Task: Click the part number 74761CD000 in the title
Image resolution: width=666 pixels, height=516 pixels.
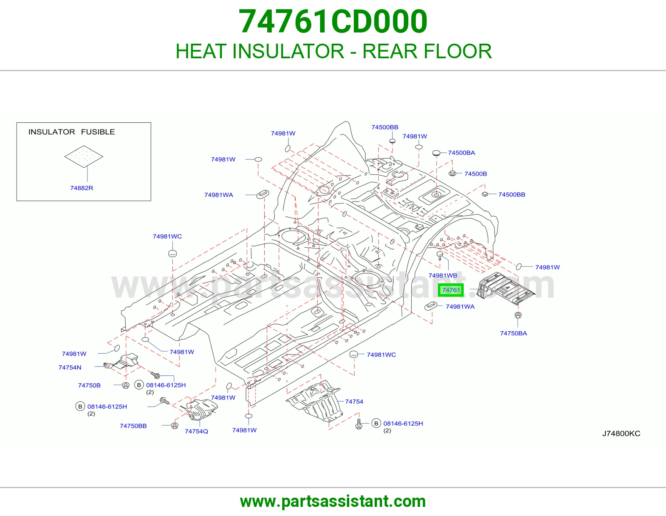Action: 333,22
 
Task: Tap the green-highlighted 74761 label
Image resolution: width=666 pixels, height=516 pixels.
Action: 450,290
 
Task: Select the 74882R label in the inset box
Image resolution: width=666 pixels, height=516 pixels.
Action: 82,188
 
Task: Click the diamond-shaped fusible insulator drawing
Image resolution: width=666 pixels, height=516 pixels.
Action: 84,156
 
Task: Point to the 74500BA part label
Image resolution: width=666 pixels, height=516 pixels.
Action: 461,153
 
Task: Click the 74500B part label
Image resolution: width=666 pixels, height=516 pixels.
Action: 475,174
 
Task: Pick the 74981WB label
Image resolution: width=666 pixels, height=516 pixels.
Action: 442,275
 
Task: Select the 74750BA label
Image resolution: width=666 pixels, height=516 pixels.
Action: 513,333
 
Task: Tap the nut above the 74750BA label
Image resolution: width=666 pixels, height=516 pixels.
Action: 518,315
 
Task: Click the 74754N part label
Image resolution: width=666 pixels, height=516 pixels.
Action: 70,367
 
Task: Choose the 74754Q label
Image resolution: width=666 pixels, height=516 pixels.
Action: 196,431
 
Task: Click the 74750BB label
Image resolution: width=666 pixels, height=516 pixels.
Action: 133,426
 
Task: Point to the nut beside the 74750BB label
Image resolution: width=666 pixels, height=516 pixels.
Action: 174,426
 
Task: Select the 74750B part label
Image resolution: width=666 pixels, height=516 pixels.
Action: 89,385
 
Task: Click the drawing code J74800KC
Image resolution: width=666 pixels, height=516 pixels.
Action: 621,434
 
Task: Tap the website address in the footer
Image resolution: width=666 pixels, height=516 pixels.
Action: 333,501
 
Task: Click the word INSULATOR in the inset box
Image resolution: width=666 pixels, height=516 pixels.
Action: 52,132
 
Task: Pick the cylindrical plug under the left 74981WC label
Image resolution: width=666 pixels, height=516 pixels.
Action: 173,253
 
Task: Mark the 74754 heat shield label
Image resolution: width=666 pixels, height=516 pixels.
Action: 354,402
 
